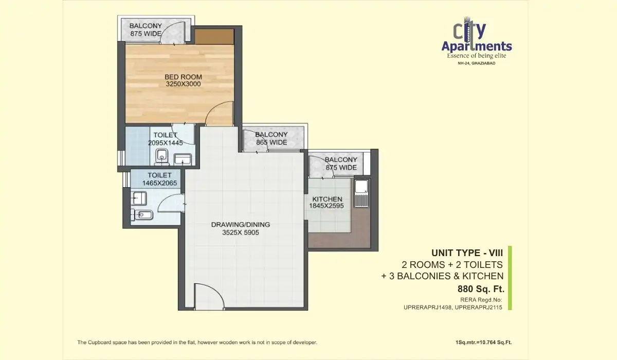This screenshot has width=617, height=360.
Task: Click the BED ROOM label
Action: tap(183, 77)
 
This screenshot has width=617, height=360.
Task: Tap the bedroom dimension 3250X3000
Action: tap(183, 84)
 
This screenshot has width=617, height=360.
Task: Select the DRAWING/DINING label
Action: tap(241, 225)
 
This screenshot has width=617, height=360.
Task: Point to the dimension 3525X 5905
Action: tap(241, 232)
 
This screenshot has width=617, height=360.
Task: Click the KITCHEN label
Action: tap(325, 199)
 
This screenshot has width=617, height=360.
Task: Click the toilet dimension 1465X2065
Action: tap(156, 183)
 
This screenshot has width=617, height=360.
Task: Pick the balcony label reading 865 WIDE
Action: tap(271, 142)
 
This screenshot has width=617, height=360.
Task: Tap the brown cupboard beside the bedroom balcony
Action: tap(214, 36)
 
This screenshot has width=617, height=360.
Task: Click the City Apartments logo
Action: tap(476, 39)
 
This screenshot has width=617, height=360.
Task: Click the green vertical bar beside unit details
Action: tap(510, 278)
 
